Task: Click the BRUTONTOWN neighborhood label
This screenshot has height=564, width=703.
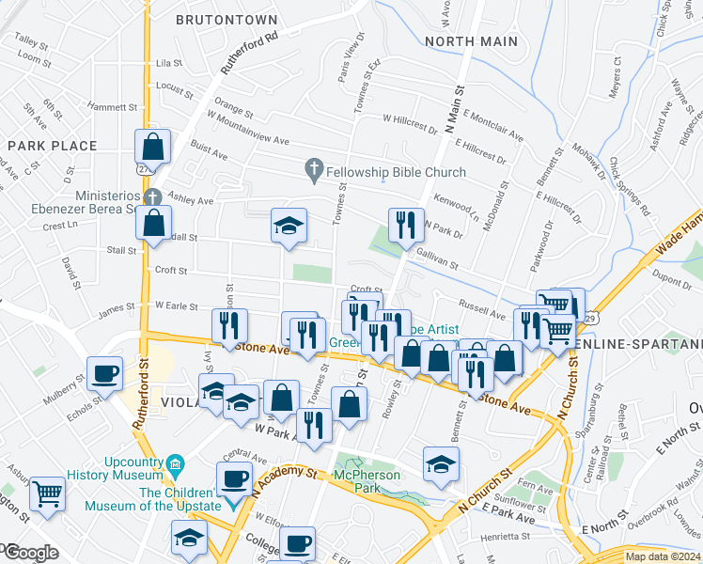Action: tap(227, 20)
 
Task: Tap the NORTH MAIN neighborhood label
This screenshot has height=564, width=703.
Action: tap(471, 41)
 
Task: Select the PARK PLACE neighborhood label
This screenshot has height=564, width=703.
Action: tap(53, 146)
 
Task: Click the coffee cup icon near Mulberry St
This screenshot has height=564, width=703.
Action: tap(104, 371)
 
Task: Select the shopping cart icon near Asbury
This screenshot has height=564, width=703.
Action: tap(47, 492)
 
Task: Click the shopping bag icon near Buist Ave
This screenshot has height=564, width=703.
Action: tap(152, 146)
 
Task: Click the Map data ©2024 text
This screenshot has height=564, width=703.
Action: tap(663, 556)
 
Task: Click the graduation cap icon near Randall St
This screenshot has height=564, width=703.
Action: tap(289, 225)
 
